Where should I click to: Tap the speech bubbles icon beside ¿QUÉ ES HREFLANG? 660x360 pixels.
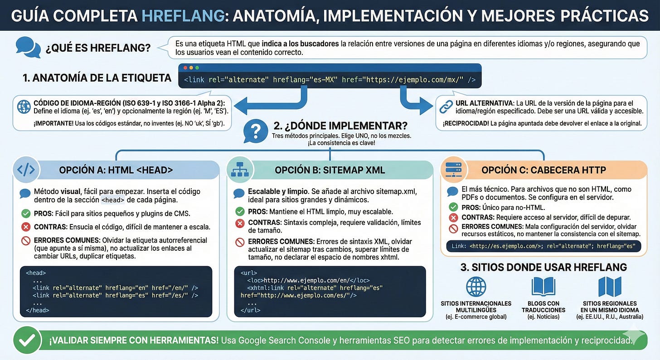28,47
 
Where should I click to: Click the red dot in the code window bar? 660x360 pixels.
185,68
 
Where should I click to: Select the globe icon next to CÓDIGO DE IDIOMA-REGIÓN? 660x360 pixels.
23,107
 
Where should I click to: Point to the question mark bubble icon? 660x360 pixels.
257,131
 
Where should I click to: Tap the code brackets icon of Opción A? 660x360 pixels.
26,170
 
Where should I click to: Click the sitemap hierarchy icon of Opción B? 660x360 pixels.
240,170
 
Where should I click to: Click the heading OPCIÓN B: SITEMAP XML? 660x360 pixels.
330,170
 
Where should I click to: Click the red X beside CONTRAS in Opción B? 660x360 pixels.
240,223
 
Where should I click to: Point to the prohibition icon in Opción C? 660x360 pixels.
453,229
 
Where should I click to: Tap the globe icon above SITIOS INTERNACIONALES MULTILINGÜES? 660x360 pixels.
476,287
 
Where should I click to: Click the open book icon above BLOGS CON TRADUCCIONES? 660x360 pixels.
543,287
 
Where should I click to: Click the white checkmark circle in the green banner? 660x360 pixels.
27,340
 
